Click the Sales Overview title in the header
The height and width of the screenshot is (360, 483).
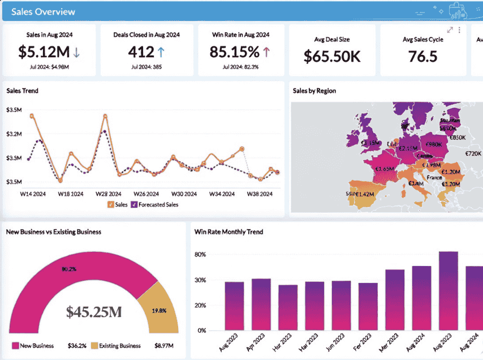[x=43, y=11]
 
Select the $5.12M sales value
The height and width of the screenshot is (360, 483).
[x=44, y=52]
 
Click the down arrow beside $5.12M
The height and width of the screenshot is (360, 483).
[x=76, y=53]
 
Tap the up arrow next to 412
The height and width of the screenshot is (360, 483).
[x=161, y=53]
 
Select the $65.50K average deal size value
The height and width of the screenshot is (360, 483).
[x=331, y=57]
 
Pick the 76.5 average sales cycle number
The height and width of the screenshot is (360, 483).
[x=422, y=57]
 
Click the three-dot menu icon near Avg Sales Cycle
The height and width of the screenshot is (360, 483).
[x=459, y=30]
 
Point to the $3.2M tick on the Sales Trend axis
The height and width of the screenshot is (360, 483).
[x=14, y=134]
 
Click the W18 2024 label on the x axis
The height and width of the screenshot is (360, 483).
[x=71, y=194]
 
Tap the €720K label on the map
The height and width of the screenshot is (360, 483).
[x=473, y=153]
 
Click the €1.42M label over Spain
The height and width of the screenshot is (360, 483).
[x=366, y=194]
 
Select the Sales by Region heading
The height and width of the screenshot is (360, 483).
[x=314, y=91]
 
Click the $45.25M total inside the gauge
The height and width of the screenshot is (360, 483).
[x=94, y=311]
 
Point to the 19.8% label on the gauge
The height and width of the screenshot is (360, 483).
[x=158, y=310]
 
